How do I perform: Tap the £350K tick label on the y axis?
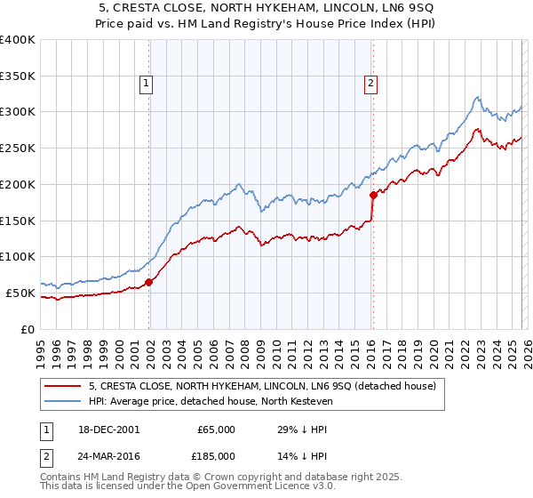[17, 76]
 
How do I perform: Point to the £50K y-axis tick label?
[20, 293]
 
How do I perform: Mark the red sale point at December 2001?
[148, 282]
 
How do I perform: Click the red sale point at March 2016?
[372, 195]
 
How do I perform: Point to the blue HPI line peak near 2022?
[478, 97]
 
